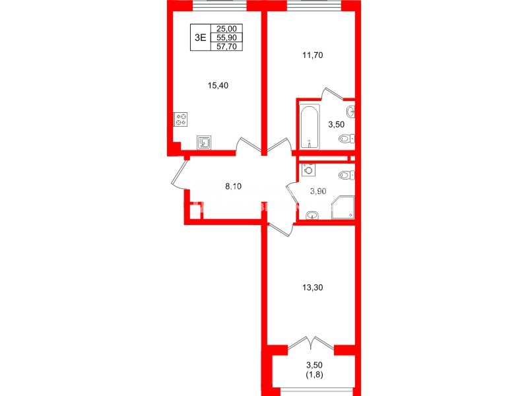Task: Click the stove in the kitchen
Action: coord(181,120)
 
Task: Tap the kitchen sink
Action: coord(205,142)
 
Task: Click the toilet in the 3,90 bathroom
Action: coord(346,175)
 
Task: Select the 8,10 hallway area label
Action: coord(234,186)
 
